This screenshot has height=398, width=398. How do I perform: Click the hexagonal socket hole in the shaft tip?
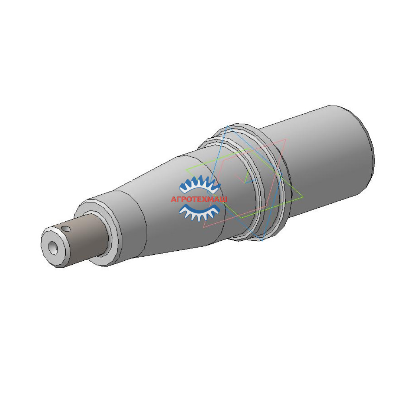[x=53, y=248]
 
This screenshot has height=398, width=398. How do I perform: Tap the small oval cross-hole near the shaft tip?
[x=67, y=229]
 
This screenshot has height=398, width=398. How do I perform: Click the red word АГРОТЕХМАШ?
[x=199, y=199]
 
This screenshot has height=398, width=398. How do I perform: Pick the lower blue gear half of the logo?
[x=199, y=212]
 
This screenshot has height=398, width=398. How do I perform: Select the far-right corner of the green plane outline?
[x=303, y=197]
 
